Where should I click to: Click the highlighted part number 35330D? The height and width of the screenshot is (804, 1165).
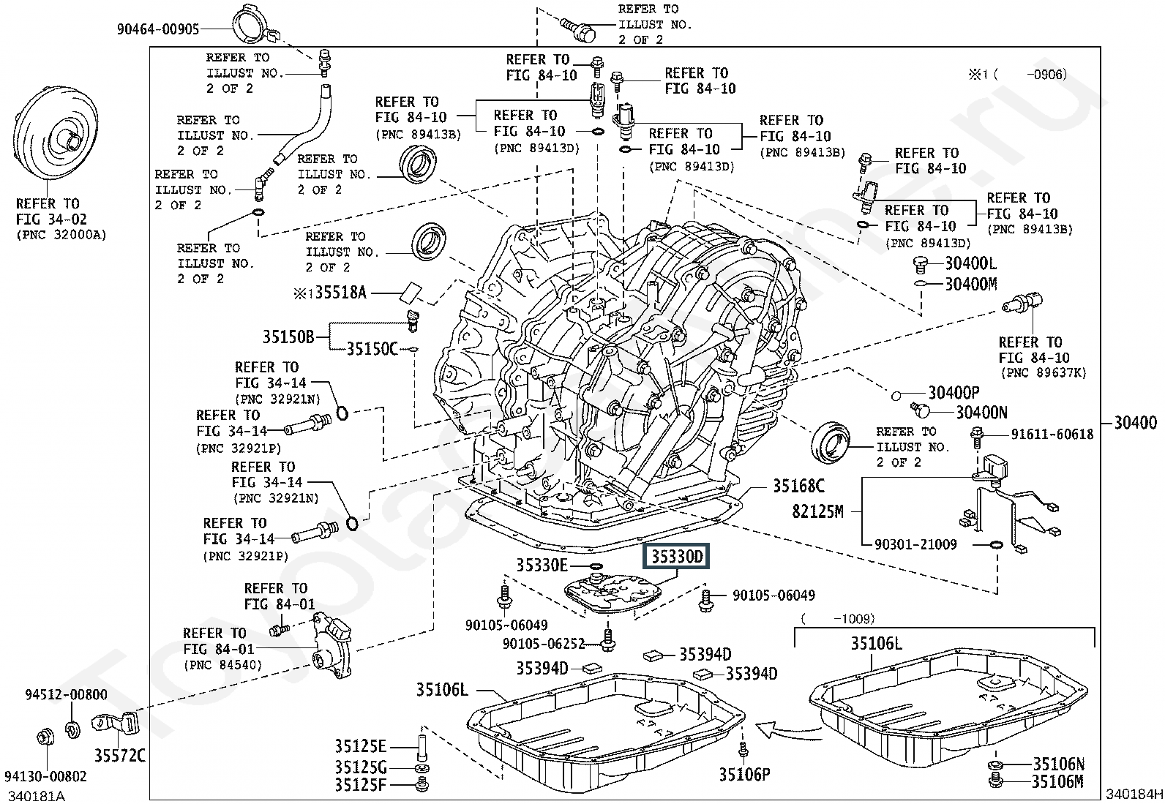676,557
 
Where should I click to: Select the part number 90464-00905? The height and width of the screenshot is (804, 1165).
158,29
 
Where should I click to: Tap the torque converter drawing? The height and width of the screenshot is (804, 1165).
56,134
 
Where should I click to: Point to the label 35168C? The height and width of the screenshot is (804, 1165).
798,486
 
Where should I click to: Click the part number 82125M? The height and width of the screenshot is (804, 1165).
817,511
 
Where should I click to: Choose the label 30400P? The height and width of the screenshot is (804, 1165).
954,393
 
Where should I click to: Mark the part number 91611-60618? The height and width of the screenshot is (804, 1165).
1052,434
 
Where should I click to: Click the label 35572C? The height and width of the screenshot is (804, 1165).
119,755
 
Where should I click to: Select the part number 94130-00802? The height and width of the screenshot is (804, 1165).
46,776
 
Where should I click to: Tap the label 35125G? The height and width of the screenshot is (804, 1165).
361,767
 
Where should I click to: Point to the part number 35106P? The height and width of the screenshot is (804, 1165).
744,775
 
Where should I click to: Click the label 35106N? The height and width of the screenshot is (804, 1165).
1058,764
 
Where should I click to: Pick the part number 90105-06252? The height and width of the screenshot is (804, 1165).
544,644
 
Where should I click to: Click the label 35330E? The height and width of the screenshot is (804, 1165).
542,566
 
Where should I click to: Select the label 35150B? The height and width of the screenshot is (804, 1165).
288,337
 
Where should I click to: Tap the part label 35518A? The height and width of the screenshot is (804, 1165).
341,293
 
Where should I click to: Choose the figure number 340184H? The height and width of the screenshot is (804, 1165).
1134,794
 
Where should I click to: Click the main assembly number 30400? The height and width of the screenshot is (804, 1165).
1135,422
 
